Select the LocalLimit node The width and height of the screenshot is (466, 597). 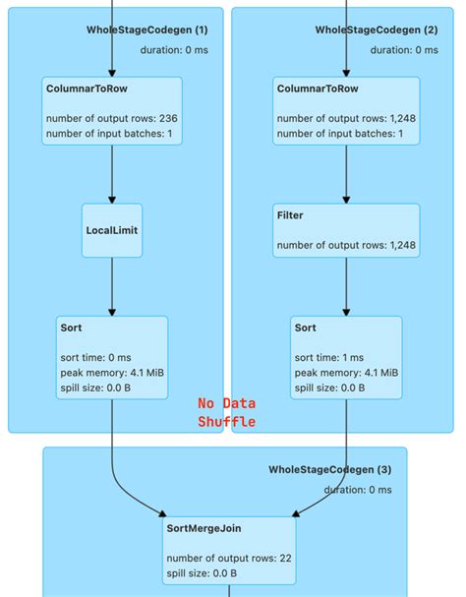113,231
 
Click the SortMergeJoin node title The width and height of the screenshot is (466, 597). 204,529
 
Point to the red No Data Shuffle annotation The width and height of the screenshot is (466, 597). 227,412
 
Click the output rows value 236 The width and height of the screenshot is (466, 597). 168,119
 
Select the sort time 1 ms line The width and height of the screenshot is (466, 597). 329,358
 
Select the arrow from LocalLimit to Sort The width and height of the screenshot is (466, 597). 113,286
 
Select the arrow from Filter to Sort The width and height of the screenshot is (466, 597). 346,286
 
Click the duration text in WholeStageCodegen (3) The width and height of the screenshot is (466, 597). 358,489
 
